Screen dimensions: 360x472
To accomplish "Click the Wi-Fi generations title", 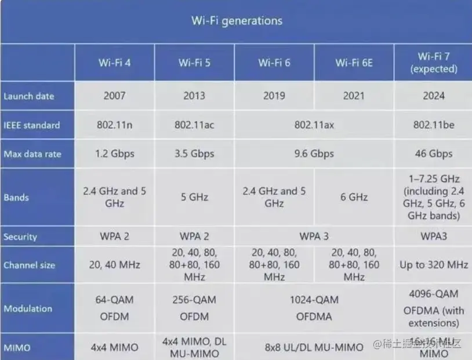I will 237,21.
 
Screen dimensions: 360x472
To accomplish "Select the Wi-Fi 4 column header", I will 114,63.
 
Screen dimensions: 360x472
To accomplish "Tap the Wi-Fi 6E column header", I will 354,63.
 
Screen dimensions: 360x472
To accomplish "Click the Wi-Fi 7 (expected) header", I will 433,63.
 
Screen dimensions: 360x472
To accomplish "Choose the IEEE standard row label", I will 31,125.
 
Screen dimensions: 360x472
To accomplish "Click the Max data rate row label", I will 32,154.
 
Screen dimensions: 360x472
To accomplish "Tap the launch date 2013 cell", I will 194,96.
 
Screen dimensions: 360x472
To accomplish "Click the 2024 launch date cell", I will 433,96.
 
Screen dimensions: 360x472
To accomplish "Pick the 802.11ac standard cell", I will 194,125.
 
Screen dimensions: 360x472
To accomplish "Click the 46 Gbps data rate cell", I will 433,154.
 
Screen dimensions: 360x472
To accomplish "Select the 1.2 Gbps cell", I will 114,154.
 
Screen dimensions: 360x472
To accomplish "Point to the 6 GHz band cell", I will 354,197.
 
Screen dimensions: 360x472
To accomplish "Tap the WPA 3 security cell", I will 314,237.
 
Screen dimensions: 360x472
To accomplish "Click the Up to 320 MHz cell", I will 433,265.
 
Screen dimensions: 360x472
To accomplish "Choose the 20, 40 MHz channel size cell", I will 114,265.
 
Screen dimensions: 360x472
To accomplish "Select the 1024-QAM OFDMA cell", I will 314,308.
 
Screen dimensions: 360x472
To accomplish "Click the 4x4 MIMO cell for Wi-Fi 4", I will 114,347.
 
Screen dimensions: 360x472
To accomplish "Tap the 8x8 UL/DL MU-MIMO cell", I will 314,347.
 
